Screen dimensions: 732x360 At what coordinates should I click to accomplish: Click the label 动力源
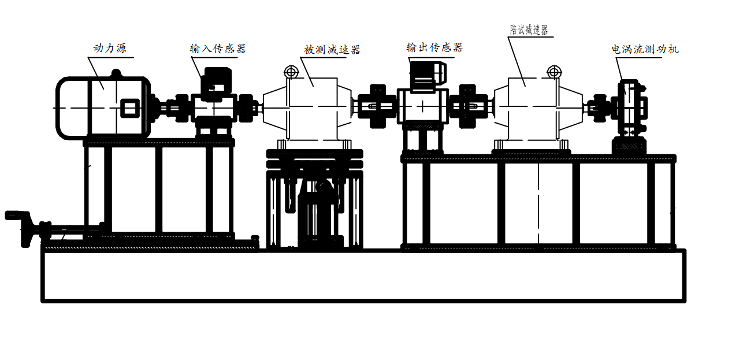click(110, 49)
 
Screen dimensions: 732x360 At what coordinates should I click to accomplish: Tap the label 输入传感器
click(218, 49)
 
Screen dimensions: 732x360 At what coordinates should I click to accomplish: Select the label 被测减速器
click(332, 50)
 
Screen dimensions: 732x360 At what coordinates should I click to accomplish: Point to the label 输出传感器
click(434, 48)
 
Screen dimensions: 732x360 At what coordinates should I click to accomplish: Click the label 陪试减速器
click(529, 30)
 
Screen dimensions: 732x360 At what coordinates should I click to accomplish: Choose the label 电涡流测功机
click(645, 49)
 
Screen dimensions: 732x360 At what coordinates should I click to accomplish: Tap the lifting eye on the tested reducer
click(291, 72)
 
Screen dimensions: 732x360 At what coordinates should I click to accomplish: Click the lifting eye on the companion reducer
click(554, 72)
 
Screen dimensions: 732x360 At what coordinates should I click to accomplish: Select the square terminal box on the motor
click(130, 108)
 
